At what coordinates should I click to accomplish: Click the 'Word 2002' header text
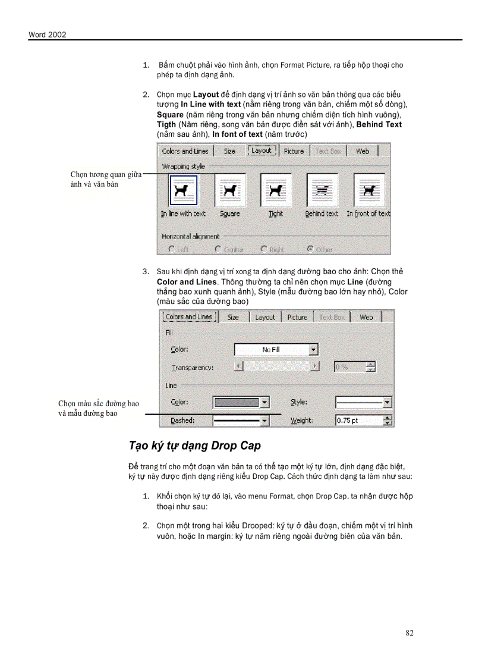coord(47,35)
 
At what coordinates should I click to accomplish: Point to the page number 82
coord(410,633)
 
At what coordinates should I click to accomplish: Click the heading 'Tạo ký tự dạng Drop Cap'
coord(195,446)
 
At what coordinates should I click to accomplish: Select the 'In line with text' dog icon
coord(183,190)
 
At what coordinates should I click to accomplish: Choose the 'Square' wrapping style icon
coord(229,190)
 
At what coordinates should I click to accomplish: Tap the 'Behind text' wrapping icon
coord(322,190)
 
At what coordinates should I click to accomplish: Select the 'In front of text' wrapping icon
coord(369,190)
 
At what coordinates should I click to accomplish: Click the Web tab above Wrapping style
coord(363,151)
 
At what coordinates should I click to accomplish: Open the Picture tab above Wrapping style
coord(294,151)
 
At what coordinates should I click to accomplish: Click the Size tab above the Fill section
coord(233,318)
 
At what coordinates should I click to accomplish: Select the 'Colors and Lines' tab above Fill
coord(188,317)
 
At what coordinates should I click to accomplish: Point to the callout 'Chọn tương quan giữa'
coord(106,174)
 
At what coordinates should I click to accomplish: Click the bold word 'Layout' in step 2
coord(206,95)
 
